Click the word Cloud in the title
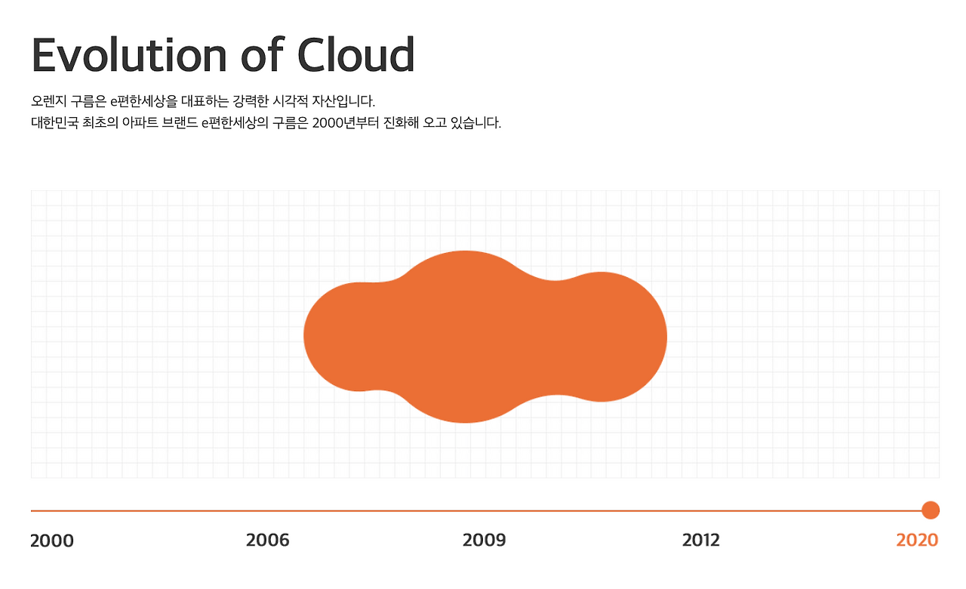click(x=355, y=54)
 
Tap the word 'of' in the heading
click(x=261, y=54)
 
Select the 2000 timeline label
click(x=52, y=541)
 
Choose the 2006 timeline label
click(x=268, y=540)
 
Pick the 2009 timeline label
click(x=485, y=540)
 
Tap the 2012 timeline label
click(x=701, y=540)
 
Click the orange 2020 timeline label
click(x=917, y=540)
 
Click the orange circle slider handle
click(x=931, y=510)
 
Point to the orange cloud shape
click(x=485, y=337)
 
